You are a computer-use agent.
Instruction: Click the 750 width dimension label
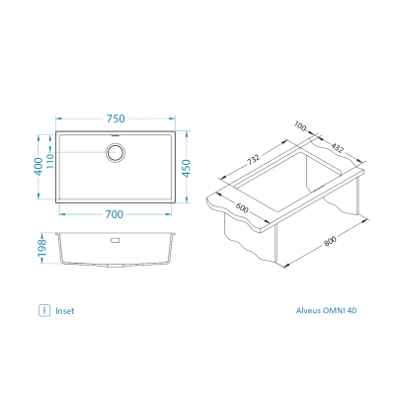pyautogui.click(x=116, y=118)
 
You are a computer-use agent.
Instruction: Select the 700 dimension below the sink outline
pyautogui.click(x=115, y=214)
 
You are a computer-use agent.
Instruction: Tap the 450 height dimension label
pyautogui.click(x=187, y=168)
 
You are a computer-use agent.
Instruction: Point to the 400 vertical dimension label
pyautogui.click(x=39, y=167)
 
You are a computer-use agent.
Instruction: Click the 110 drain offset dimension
pyautogui.click(x=49, y=161)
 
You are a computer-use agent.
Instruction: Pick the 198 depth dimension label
pyautogui.click(x=41, y=249)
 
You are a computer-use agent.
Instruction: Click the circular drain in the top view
pyautogui.click(x=116, y=152)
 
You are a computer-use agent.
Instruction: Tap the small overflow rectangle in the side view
pyautogui.click(x=115, y=240)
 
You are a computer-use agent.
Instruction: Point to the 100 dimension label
pyautogui.click(x=300, y=126)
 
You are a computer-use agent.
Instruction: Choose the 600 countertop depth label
pyautogui.click(x=242, y=208)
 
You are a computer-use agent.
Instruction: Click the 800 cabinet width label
pyautogui.click(x=330, y=241)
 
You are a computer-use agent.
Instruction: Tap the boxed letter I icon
pyautogui.click(x=44, y=310)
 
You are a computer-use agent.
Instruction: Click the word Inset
pyautogui.click(x=65, y=311)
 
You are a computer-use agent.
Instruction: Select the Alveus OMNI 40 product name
pyautogui.click(x=326, y=310)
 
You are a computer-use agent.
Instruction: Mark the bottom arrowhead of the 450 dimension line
pyautogui.click(x=187, y=198)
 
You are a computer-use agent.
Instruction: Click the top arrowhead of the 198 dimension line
pyautogui.click(x=41, y=236)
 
